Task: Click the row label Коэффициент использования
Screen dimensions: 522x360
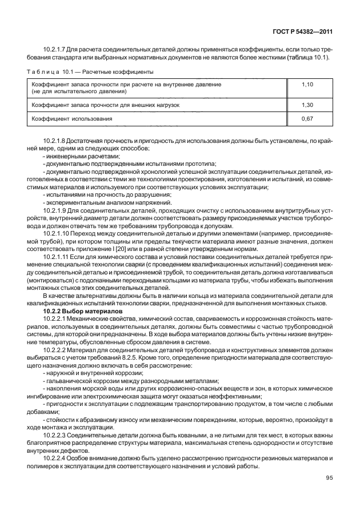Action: [71, 119]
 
